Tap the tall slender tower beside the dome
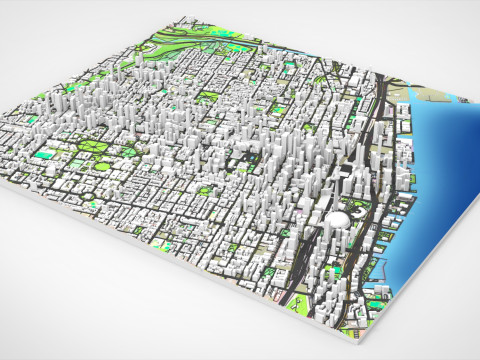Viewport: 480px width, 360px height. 356,160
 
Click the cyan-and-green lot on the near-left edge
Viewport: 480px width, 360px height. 45,155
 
